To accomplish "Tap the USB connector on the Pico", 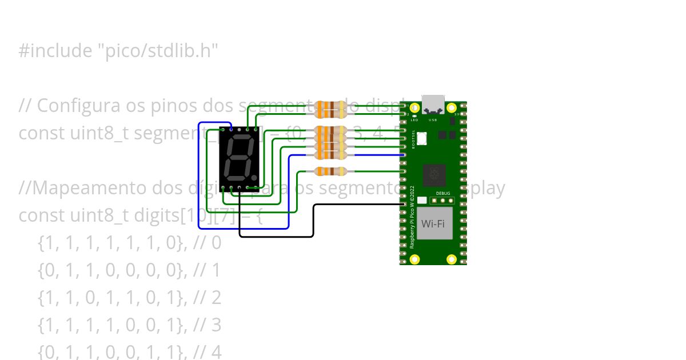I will point(433,104).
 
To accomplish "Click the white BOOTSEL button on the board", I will point(422,138).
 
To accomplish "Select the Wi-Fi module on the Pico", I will point(433,223).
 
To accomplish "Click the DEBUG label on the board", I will point(444,194).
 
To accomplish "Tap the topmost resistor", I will point(330,107).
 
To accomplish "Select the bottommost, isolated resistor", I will point(330,171).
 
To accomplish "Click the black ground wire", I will point(313,219).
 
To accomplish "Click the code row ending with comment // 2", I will point(129,298).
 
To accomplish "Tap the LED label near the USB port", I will point(414,120).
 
